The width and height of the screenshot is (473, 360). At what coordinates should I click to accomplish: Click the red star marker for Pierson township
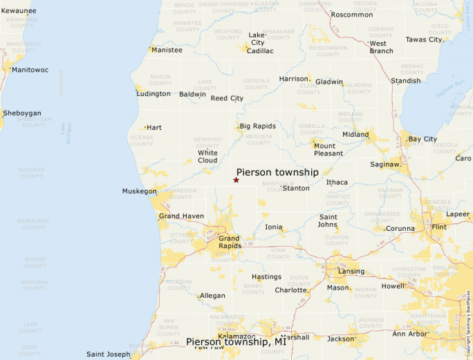coord(236,180)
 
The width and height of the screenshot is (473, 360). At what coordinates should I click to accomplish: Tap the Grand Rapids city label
coord(230,242)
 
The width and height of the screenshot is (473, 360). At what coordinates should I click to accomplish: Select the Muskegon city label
coord(139,191)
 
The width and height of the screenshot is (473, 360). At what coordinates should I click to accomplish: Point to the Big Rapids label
coord(258,126)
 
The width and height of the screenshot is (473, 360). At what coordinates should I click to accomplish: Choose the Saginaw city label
coord(386,164)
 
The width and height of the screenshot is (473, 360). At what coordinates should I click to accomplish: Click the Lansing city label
coord(351,271)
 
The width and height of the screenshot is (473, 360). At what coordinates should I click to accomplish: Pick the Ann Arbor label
coord(411,334)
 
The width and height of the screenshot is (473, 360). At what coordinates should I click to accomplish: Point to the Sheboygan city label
coord(22,113)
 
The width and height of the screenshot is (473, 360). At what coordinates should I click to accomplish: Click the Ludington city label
coord(154,93)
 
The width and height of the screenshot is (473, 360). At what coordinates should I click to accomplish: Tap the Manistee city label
coord(167,50)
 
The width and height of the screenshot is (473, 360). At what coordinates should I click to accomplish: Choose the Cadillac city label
coord(260,50)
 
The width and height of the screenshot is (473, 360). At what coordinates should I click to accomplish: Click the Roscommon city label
coord(352,15)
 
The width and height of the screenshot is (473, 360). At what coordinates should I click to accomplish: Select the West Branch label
coord(381,47)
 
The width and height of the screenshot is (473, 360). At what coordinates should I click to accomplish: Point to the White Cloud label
coord(207,156)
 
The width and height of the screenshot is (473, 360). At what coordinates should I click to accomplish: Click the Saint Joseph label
coord(108,354)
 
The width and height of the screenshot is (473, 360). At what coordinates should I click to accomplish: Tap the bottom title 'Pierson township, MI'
coord(236,341)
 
